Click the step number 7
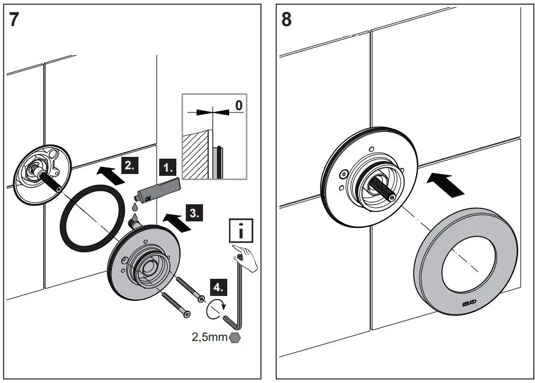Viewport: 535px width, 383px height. click(15, 20)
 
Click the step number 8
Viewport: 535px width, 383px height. click(286, 20)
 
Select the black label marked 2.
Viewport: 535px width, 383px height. click(129, 165)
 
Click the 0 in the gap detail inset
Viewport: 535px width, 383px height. click(239, 105)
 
